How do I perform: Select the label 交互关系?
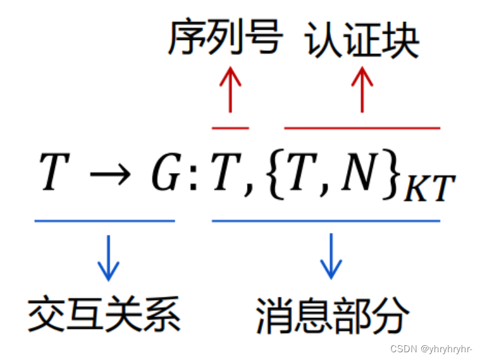(x=104, y=314)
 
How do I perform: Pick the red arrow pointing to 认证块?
(x=362, y=90)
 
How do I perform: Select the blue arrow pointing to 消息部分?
(x=332, y=257)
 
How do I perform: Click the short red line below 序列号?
(x=230, y=128)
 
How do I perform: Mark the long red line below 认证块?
(x=362, y=128)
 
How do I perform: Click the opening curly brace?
(x=270, y=174)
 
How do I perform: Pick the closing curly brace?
(x=389, y=174)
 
